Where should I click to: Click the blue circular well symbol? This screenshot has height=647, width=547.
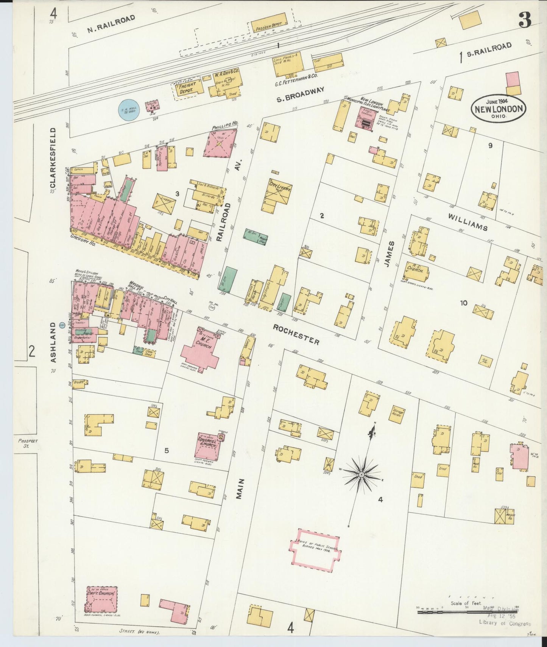click(129, 109)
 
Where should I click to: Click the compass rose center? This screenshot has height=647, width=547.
click(362, 474)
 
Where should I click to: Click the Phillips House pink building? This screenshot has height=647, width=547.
click(220, 144)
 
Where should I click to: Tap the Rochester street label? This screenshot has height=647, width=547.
click(296, 334)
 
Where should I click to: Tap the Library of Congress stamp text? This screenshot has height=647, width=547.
click(505, 623)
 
